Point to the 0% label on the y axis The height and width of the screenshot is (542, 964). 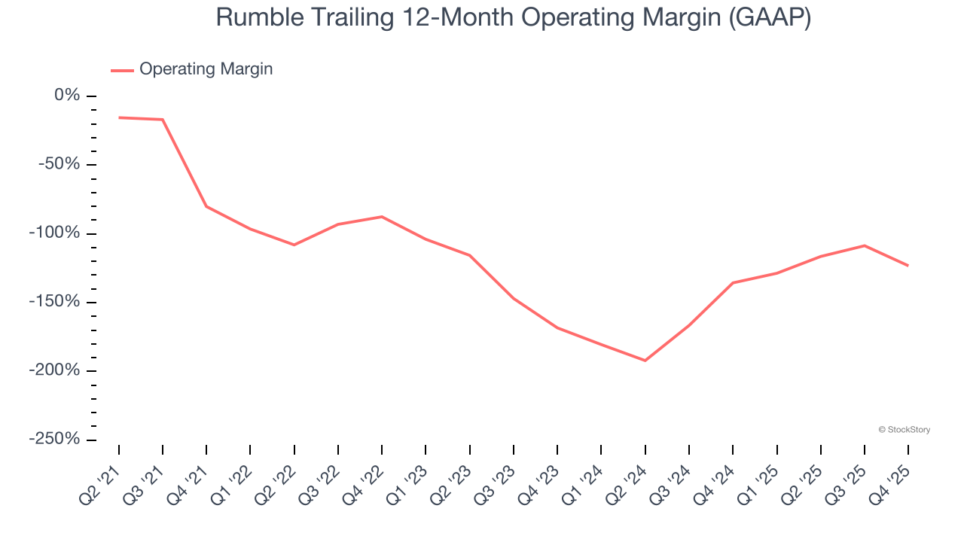[x=66, y=96]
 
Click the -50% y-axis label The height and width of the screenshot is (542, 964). [x=59, y=164]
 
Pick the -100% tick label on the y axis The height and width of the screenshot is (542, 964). [x=54, y=233]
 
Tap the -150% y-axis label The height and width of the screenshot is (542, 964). [x=54, y=302]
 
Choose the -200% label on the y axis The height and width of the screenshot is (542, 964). [x=54, y=370]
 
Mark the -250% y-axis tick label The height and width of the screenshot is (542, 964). [x=54, y=439]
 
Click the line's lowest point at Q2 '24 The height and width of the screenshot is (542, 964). [x=645, y=361]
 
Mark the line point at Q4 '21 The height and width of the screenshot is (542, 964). [x=206, y=206]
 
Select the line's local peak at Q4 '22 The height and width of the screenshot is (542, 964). [x=382, y=217]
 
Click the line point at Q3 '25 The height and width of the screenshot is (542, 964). [x=865, y=245]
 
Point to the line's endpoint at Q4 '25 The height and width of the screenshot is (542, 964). [x=908, y=265]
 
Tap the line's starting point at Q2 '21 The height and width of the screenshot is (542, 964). [x=119, y=117]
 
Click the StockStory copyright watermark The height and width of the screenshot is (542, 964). [x=905, y=430]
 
